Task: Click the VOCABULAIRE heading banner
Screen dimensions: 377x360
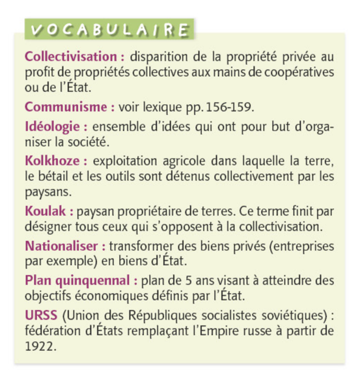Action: (x=109, y=30)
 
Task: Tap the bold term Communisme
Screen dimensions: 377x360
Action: (x=66, y=107)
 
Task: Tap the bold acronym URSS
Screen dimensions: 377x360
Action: (x=41, y=315)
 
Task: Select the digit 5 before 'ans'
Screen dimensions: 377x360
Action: (x=188, y=281)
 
